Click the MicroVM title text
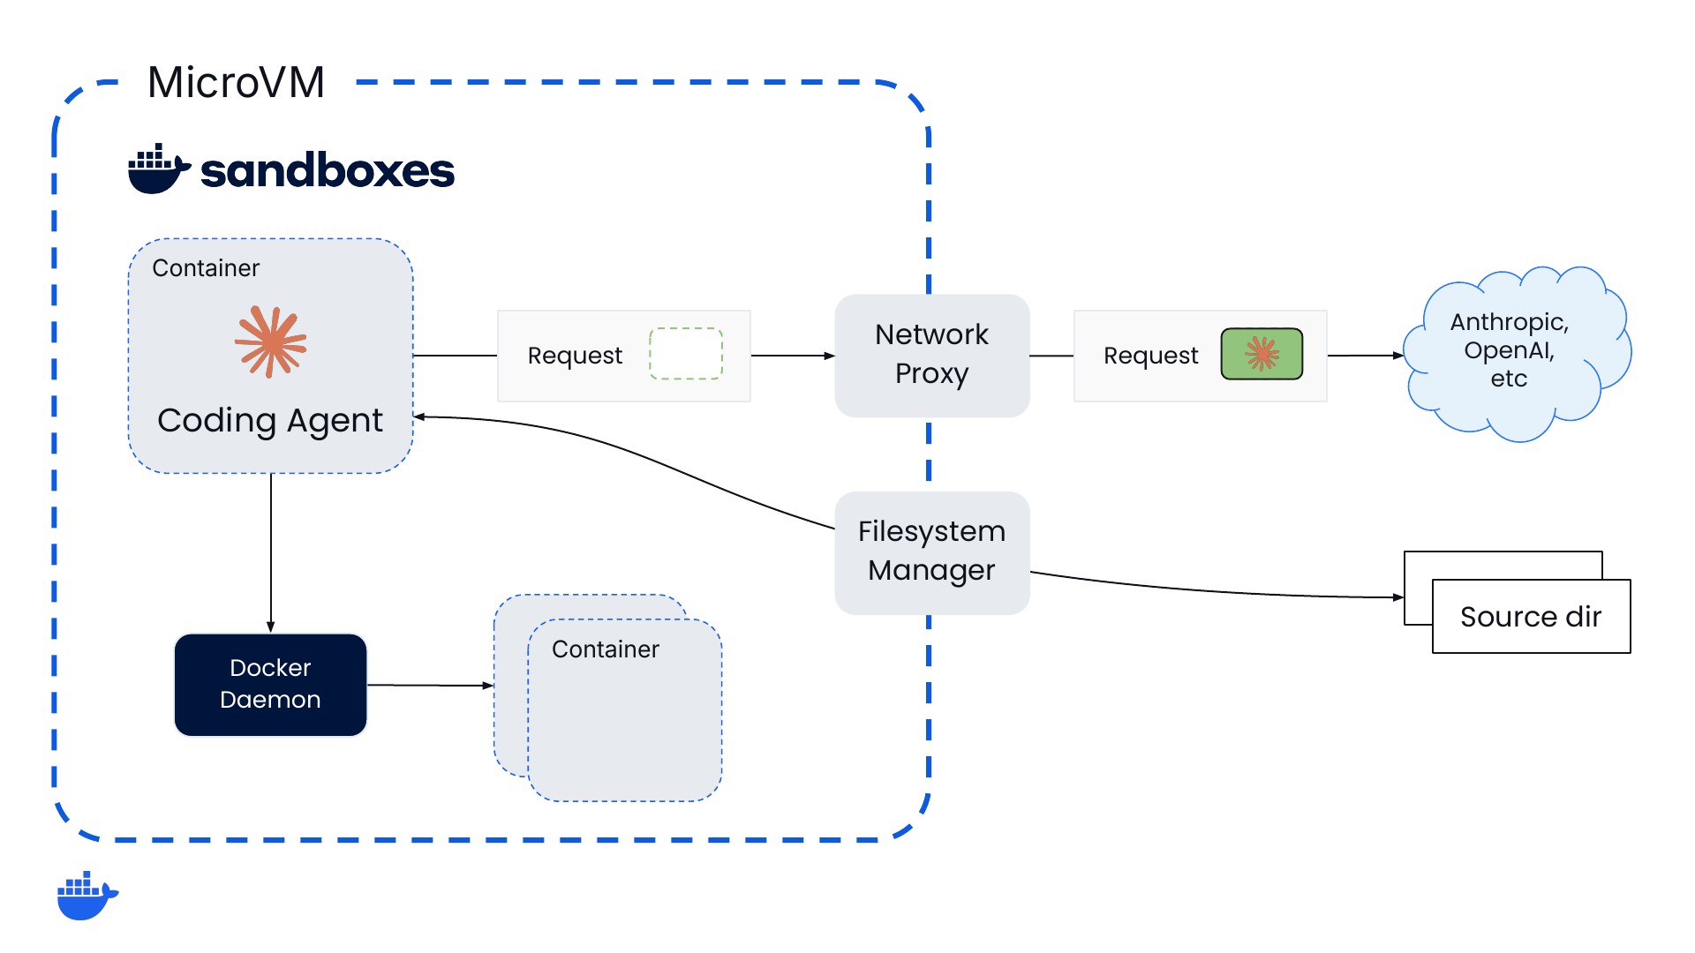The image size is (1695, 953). pyautogui.click(x=236, y=82)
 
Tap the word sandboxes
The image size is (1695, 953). pyautogui.click(x=328, y=170)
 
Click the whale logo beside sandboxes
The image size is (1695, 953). pyautogui.click(x=159, y=169)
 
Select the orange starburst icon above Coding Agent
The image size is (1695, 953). pyautogui.click(x=271, y=341)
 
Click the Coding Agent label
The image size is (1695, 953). pyautogui.click(x=270, y=421)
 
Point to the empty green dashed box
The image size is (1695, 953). pyautogui.click(x=686, y=354)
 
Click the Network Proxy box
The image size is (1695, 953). pyautogui.click(x=932, y=355)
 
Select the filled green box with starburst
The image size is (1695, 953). pyautogui.click(x=1262, y=354)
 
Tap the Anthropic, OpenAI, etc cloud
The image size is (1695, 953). pyautogui.click(x=1517, y=353)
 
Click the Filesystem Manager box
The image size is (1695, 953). pyautogui.click(x=932, y=552)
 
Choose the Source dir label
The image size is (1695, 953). pyautogui.click(x=1531, y=617)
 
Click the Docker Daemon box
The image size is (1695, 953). pyautogui.click(x=270, y=685)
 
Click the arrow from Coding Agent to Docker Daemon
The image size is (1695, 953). pyautogui.click(x=271, y=553)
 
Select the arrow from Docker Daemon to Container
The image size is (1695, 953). pyautogui.click(x=430, y=685)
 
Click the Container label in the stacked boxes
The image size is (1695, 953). pyautogui.click(x=606, y=649)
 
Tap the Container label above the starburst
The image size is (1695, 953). pyautogui.click(x=206, y=268)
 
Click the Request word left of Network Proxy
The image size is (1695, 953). pyautogui.click(x=575, y=356)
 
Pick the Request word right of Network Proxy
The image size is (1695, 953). pyautogui.click(x=1151, y=356)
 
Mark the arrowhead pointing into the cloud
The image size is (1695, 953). pyautogui.click(x=1398, y=356)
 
